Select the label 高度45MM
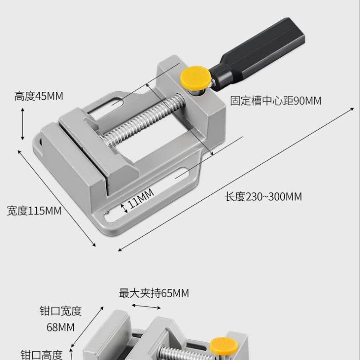39,96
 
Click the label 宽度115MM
34,211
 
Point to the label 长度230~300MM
263,197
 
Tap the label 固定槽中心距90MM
276,101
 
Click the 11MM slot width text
140,198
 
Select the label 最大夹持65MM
154,293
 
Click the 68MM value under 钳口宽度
60,327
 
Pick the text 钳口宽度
61,311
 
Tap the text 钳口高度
42,355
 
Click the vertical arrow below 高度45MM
23,124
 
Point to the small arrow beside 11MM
124,208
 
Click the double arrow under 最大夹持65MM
146,306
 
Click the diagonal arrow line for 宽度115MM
57,198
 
